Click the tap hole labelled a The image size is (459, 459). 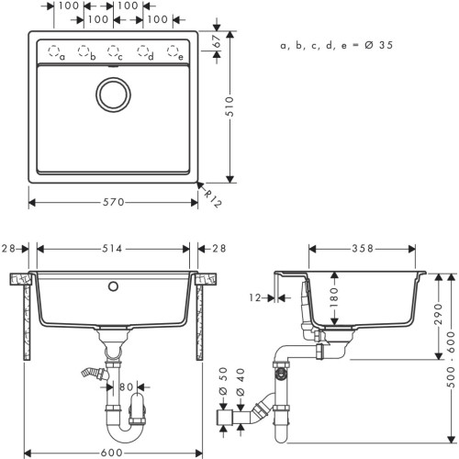(x=53, y=51)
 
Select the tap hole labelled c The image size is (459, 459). (x=114, y=51)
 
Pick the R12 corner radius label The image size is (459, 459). (x=211, y=197)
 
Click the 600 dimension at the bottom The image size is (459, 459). (x=115, y=451)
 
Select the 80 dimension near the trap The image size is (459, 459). (x=129, y=386)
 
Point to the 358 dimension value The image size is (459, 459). (x=364, y=249)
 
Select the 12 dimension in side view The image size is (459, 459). (x=254, y=297)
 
